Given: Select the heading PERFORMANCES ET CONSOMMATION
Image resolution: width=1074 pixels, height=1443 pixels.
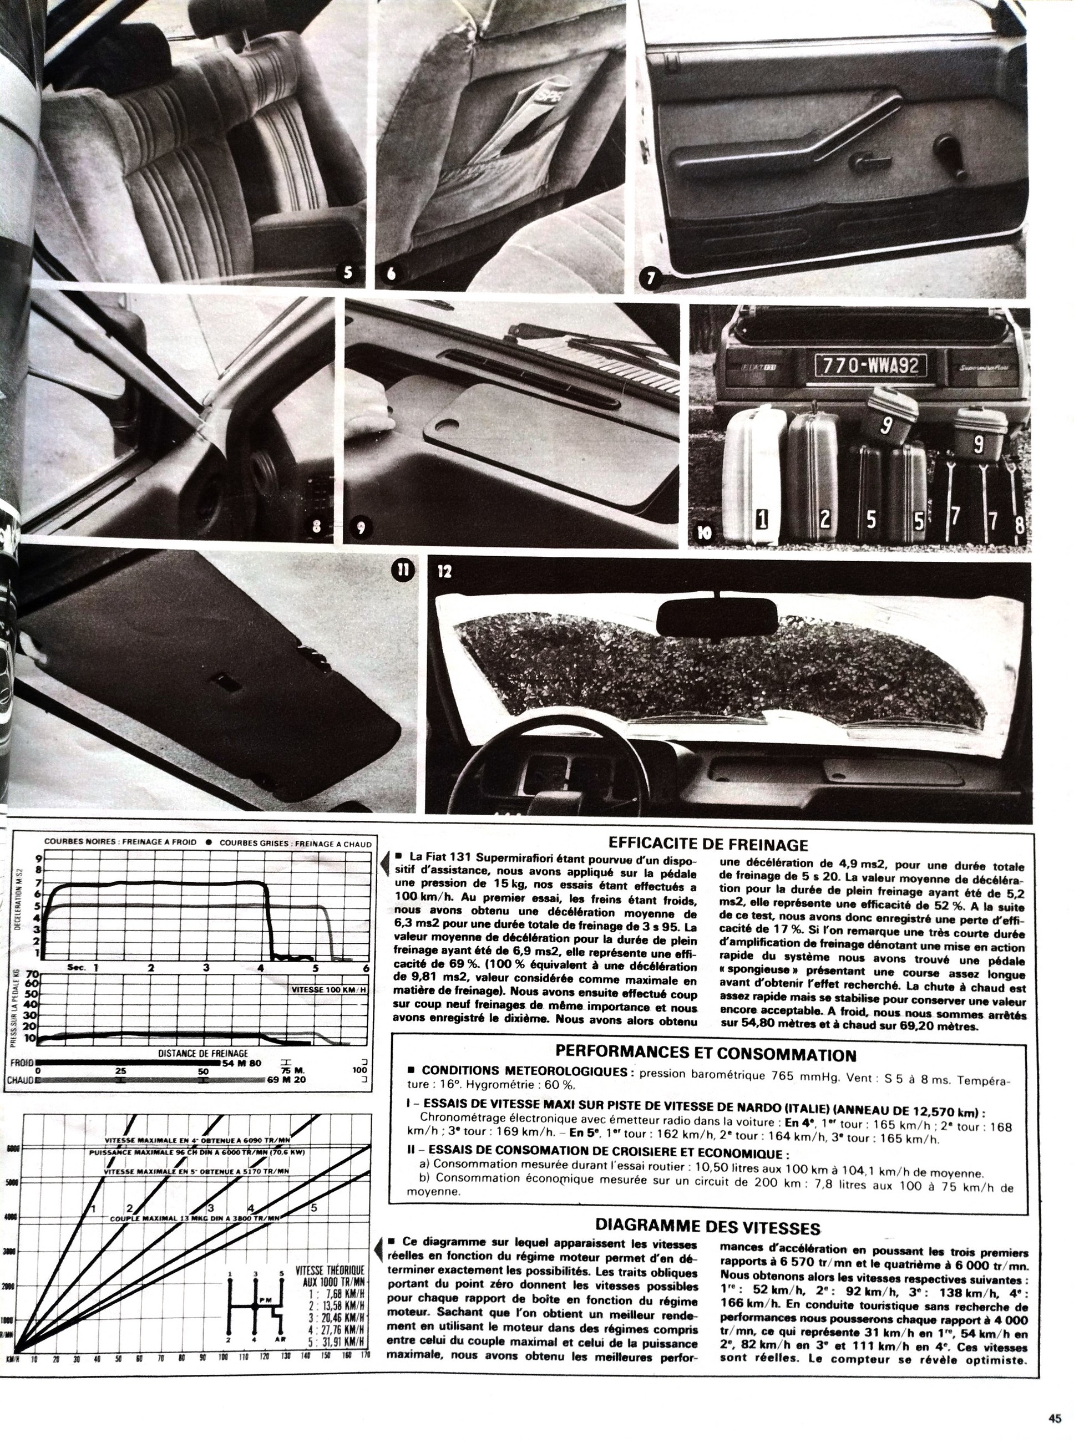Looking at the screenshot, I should coord(706,1054).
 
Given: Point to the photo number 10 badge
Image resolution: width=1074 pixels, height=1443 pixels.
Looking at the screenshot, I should coord(705,533).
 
